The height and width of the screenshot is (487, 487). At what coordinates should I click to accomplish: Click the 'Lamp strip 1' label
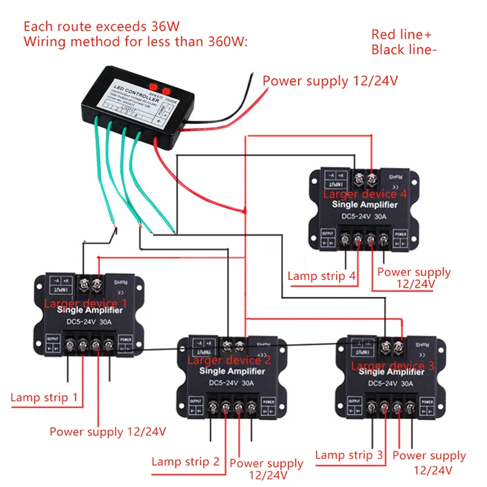click(44, 398)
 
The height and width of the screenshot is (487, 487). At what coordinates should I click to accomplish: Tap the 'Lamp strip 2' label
click(185, 461)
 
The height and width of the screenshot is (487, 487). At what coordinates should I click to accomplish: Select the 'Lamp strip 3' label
click(349, 455)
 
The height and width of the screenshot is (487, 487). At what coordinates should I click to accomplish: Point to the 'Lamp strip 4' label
click(321, 276)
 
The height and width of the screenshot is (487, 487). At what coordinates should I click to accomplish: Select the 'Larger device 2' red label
click(229, 360)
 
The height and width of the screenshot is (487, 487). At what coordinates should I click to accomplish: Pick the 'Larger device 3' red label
click(393, 365)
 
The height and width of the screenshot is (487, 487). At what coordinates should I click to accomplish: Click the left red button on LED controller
click(153, 86)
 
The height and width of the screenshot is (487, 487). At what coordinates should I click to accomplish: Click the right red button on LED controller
click(166, 91)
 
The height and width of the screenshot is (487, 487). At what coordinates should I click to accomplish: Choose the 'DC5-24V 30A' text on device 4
click(363, 215)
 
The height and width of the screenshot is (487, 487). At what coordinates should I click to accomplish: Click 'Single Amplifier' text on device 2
click(229, 371)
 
